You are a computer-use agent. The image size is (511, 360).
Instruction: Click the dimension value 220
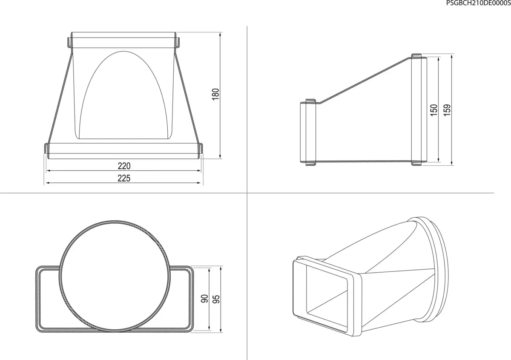point(123,166)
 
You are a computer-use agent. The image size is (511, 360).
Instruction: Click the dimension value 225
point(123,178)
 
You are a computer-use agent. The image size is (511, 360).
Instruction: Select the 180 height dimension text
point(215,95)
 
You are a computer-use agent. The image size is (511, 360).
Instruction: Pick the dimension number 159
point(447,110)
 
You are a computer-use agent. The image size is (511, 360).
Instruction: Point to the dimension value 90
point(205,299)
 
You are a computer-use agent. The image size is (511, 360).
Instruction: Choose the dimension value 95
point(216,299)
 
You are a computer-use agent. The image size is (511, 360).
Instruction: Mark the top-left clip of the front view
point(69,42)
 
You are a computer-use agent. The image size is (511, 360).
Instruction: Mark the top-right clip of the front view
point(177,42)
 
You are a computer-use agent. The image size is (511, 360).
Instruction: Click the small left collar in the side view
point(307,132)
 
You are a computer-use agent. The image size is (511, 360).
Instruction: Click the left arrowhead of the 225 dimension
point(47,183)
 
